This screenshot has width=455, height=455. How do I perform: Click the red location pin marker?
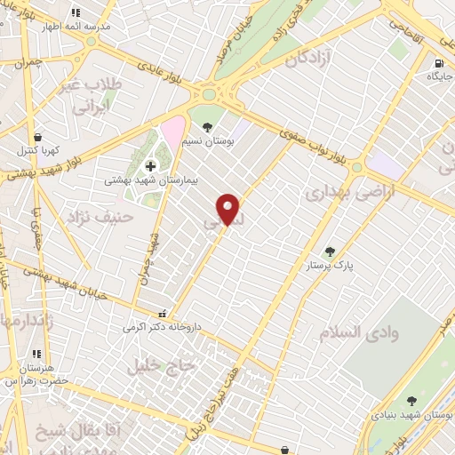pyautogui.click(x=229, y=209)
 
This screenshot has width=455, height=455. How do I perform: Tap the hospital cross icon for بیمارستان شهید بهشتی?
pyautogui.click(x=149, y=166)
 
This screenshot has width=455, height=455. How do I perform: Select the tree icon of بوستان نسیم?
pyautogui.click(x=207, y=127)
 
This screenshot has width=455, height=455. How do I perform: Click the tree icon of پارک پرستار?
pyautogui.click(x=330, y=252)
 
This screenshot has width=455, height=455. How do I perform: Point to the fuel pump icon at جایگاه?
pyautogui.click(x=439, y=63)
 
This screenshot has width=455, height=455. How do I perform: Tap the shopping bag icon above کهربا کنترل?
pyautogui.click(x=37, y=137)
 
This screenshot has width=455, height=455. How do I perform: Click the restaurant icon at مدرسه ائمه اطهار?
pyautogui.click(x=76, y=13)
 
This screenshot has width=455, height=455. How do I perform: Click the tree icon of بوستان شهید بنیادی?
pyautogui.click(x=411, y=402)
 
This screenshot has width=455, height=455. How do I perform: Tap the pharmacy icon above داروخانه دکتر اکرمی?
pyautogui.click(x=161, y=314)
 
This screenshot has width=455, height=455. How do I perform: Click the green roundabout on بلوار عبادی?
pyautogui.click(x=210, y=93)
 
